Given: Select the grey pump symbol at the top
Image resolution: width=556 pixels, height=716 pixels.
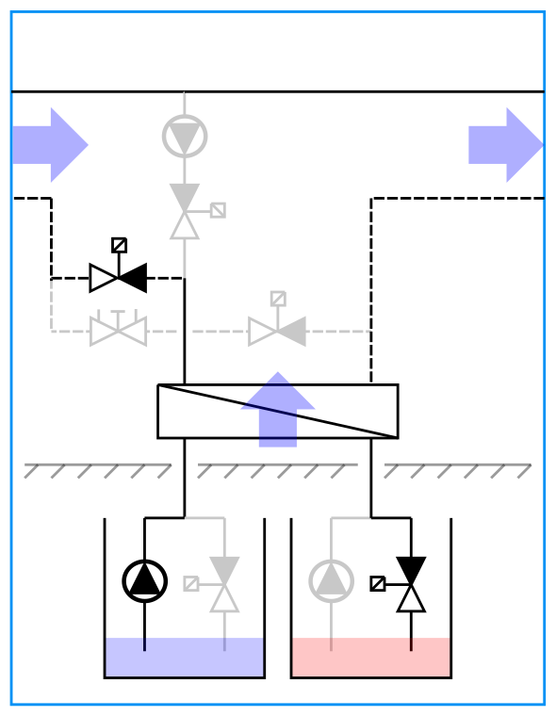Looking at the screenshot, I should point(185,137).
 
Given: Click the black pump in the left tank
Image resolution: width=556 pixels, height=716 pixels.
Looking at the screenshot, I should point(145,581).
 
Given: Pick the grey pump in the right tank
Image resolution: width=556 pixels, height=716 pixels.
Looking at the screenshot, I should point(332,581).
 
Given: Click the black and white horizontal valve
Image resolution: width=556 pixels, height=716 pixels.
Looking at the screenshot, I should point(119,278).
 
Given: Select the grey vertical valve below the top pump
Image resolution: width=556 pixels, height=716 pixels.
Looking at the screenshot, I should point(185,212).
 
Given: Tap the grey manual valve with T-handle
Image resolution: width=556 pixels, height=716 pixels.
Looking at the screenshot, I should point(119,331).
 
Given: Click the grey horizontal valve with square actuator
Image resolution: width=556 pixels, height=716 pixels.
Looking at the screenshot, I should point(278,331).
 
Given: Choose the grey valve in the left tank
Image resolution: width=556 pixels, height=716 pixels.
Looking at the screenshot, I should point(224,584).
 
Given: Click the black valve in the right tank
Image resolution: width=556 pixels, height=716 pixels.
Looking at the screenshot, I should point(411,584).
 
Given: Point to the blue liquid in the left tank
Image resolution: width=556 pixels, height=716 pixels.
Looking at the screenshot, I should point(185,658).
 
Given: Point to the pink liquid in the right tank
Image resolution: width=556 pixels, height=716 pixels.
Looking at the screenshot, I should point(371,658).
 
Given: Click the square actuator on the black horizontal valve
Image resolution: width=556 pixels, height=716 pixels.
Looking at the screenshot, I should point(119,245).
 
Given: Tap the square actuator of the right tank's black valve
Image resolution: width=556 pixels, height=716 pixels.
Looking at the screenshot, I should point(378,583).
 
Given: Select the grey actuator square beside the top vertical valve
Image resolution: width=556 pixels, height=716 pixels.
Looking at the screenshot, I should point(218,210).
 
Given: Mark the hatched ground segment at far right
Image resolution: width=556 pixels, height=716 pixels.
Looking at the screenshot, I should point(458,470).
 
